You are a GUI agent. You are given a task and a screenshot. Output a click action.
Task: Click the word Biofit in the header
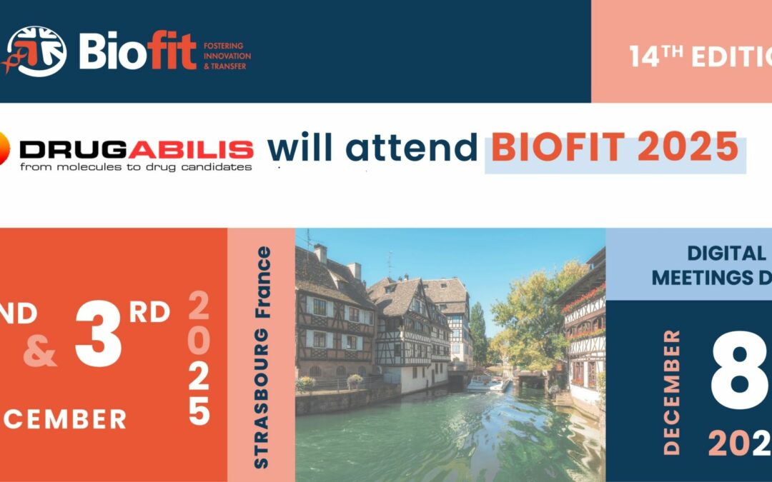click(x=137, y=51)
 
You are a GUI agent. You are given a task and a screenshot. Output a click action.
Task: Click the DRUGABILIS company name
click(x=136, y=149)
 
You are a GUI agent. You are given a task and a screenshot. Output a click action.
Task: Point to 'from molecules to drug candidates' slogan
click(x=136, y=167)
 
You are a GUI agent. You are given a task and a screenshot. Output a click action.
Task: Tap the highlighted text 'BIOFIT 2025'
click(x=615, y=147)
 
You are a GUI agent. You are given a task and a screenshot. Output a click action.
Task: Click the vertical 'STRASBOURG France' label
click(x=262, y=357)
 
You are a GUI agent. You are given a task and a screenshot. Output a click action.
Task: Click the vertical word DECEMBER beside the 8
click(x=671, y=392)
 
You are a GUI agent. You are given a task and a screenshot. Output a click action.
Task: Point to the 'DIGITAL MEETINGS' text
click(x=715, y=265)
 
